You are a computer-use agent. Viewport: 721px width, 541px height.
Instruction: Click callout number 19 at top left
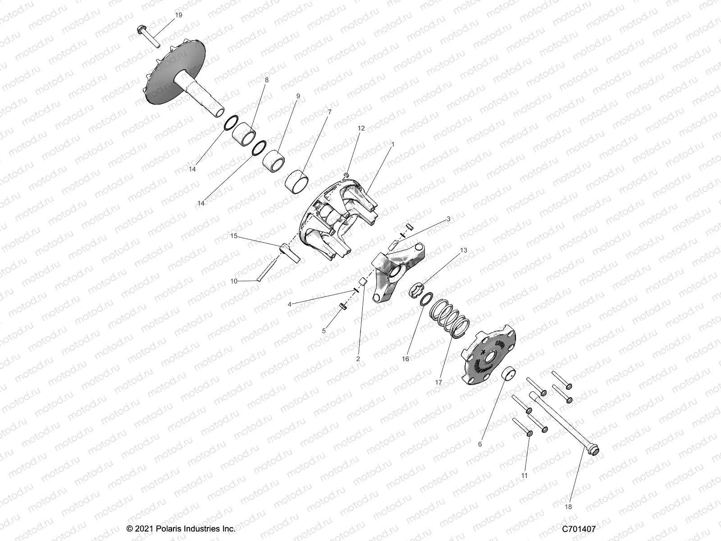178,15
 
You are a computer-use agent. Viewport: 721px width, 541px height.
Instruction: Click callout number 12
361,128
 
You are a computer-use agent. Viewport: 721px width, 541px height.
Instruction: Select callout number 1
392,145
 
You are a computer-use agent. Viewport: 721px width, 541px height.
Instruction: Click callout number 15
233,235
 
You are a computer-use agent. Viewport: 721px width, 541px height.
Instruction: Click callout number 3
448,219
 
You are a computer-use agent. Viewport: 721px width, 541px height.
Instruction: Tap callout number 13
464,250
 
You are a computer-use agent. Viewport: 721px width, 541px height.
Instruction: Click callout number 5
324,331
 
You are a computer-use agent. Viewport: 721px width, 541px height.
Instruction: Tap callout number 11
524,475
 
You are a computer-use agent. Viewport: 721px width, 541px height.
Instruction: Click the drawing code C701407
579,528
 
